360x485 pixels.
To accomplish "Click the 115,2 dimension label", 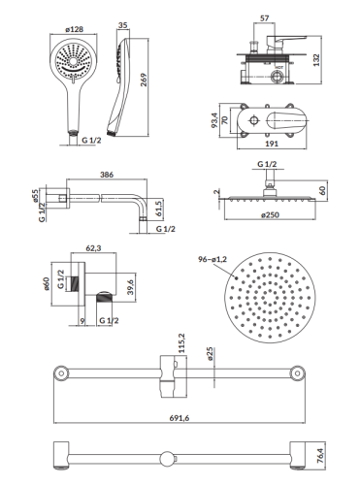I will [180, 342].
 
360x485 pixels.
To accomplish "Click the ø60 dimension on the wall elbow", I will [49, 286].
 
